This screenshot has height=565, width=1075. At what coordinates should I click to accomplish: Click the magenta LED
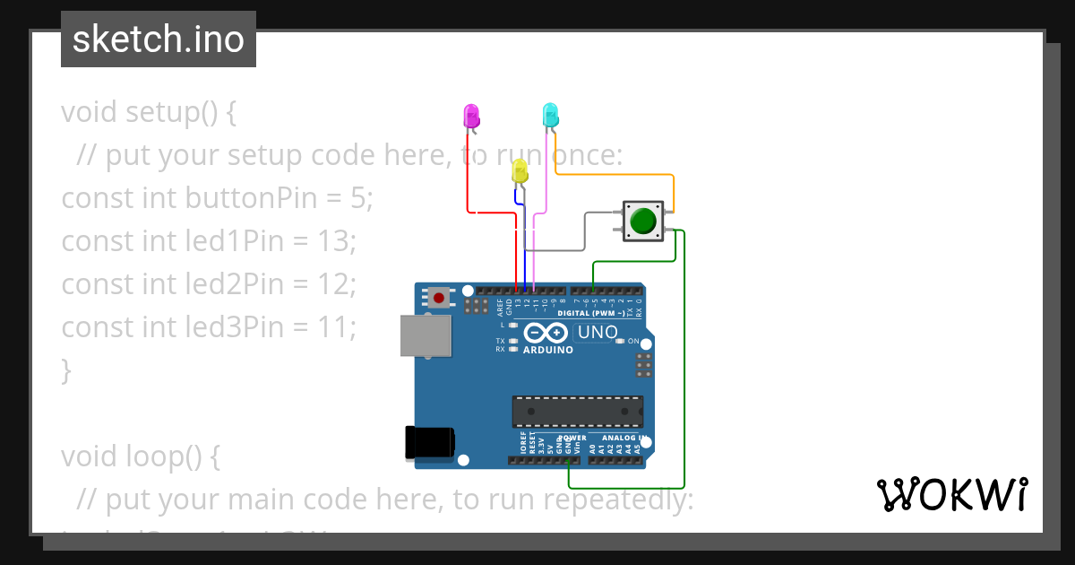[471, 116]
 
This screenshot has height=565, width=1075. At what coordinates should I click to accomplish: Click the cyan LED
[550, 114]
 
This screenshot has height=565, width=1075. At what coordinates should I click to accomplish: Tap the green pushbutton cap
[643, 221]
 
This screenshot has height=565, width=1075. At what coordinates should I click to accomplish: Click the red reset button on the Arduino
[439, 297]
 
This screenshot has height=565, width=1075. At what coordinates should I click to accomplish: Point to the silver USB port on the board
[426, 336]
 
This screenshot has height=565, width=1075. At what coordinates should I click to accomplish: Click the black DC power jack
[428, 442]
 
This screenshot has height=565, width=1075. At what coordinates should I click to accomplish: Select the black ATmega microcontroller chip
[577, 411]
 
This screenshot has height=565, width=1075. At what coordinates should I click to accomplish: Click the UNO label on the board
[598, 333]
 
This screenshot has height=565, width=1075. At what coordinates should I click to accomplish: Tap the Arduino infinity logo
[546, 333]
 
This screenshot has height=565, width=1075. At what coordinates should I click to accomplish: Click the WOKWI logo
[951, 495]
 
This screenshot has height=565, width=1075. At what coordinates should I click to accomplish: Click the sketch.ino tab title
[159, 39]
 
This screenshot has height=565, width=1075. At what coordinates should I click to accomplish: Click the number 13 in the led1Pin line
[335, 240]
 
